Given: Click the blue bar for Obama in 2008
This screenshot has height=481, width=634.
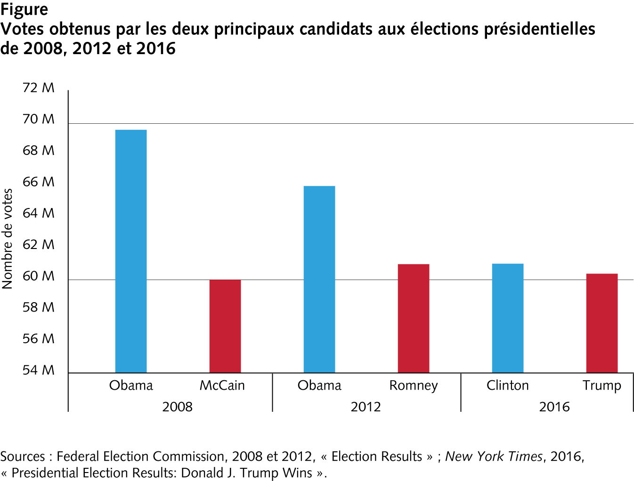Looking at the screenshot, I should click(x=131, y=251).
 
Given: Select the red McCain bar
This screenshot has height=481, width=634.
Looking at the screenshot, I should click(x=225, y=326).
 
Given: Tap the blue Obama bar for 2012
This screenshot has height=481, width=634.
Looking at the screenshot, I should click(x=319, y=280).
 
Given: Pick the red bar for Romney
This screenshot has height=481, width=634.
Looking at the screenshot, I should click(x=414, y=319).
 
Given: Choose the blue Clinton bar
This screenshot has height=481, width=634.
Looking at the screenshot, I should click(x=508, y=318).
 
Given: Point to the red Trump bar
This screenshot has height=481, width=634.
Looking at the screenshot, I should click(x=602, y=323).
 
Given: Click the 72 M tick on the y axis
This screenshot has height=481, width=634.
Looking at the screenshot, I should click(x=39, y=88).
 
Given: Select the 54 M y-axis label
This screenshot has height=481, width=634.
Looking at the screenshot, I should click(x=39, y=370).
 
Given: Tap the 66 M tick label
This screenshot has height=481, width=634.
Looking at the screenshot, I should click(x=39, y=182).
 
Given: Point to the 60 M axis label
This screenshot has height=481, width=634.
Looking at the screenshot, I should click(x=39, y=276).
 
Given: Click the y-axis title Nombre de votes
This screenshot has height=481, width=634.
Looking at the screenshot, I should click(x=8, y=239).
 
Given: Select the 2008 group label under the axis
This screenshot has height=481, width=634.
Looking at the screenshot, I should click(x=178, y=407).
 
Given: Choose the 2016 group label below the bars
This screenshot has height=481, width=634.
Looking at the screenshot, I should click(x=554, y=407).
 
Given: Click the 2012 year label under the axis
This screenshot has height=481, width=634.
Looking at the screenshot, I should click(x=366, y=407).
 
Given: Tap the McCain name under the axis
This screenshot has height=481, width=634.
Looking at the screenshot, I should click(x=222, y=385).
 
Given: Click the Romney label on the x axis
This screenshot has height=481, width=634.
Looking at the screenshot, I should click(x=414, y=386).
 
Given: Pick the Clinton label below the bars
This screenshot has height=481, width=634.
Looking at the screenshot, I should click(x=508, y=385).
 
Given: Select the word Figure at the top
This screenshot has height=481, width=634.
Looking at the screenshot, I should click(x=24, y=9).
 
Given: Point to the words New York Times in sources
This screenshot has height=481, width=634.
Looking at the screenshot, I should click(x=493, y=457).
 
